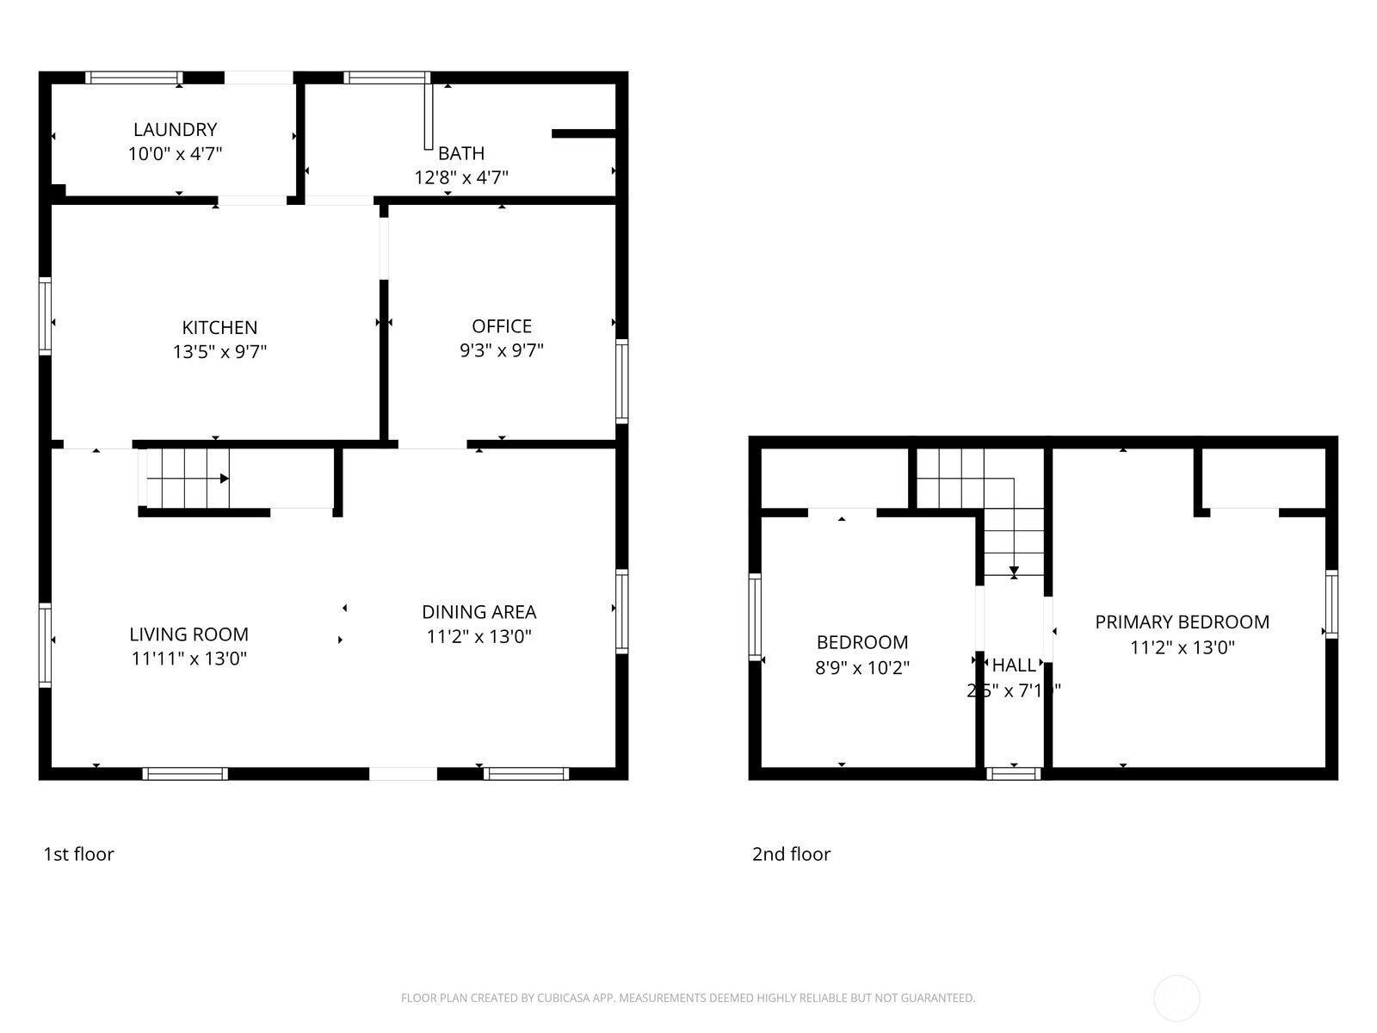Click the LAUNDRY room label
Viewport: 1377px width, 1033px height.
(175, 129)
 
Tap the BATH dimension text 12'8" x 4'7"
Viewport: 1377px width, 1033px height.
(461, 178)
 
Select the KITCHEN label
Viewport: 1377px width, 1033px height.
(219, 327)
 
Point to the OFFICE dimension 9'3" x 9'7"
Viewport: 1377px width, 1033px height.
(502, 351)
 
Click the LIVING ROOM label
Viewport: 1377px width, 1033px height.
(188, 634)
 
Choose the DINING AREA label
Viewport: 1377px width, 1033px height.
(479, 612)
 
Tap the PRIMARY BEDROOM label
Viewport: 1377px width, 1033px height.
(1182, 622)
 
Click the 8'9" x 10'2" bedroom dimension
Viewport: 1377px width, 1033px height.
(861, 667)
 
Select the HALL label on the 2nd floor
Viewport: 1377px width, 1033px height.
(1014, 665)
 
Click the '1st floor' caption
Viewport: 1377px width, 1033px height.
(78, 854)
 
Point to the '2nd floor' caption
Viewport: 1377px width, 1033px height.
(791, 854)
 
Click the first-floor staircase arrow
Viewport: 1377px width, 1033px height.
(224, 479)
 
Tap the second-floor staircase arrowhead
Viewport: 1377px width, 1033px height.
(1014, 571)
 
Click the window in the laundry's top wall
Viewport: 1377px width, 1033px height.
(133, 77)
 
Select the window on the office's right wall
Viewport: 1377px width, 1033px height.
(621, 380)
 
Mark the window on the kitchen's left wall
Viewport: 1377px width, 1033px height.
(46, 316)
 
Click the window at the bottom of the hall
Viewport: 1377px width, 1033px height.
(1013, 773)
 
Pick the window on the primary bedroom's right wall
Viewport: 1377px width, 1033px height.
(1331, 603)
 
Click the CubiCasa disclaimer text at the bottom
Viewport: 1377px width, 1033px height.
(688, 999)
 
